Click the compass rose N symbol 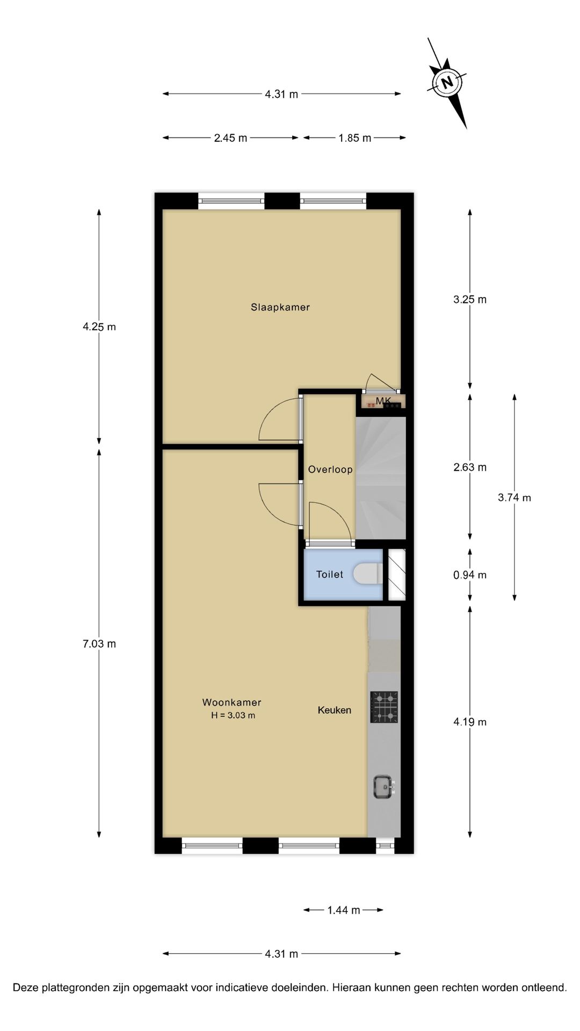(446, 83)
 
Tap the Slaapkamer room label (280, 307)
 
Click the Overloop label (330, 469)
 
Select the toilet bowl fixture (368, 574)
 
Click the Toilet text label (329, 575)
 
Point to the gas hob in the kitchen (384, 707)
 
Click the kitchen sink (383, 787)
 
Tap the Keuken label (334, 710)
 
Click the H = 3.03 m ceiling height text (233, 715)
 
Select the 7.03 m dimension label (99, 643)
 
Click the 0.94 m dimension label (470, 575)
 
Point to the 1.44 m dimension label (343, 910)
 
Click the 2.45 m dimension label (230, 138)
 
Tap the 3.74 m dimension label (514, 497)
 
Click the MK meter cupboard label (383, 401)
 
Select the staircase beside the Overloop (380, 478)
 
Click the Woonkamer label (231, 702)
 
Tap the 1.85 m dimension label (354, 138)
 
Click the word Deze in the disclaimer (26, 987)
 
